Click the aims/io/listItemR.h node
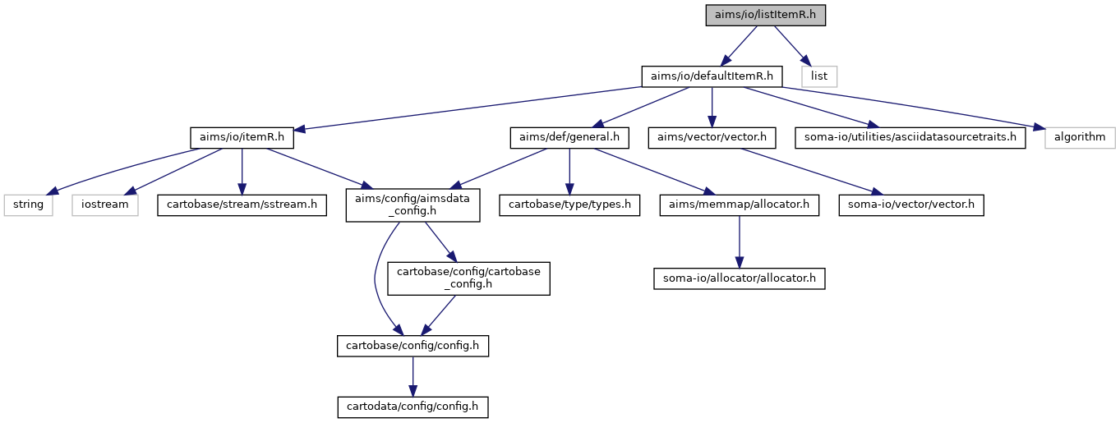[x=766, y=15]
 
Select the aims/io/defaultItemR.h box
[x=712, y=76]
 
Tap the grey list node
[x=819, y=76]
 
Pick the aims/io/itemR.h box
[x=242, y=137]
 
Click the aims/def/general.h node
[x=569, y=137]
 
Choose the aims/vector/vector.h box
[x=712, y=137]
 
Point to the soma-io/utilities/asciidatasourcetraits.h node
[x=910, y=137]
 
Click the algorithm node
[x=1080, y=137]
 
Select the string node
[x=29, y=205]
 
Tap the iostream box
[x=105, y=205]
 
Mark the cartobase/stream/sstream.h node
[x=242, y=205]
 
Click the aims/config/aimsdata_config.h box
[x=413, y=205]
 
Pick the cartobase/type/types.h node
[x=569, y=205]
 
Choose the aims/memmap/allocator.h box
[x=740, y=205]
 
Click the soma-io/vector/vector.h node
[x=911, y=205]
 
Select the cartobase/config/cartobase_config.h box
[x=469, y=278]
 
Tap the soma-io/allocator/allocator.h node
[x=740, y=278]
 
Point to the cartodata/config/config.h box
[x=413, y=407]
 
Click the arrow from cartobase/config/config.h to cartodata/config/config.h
[x=413, y=376]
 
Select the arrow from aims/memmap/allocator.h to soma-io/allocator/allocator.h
[x=740, y=242]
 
